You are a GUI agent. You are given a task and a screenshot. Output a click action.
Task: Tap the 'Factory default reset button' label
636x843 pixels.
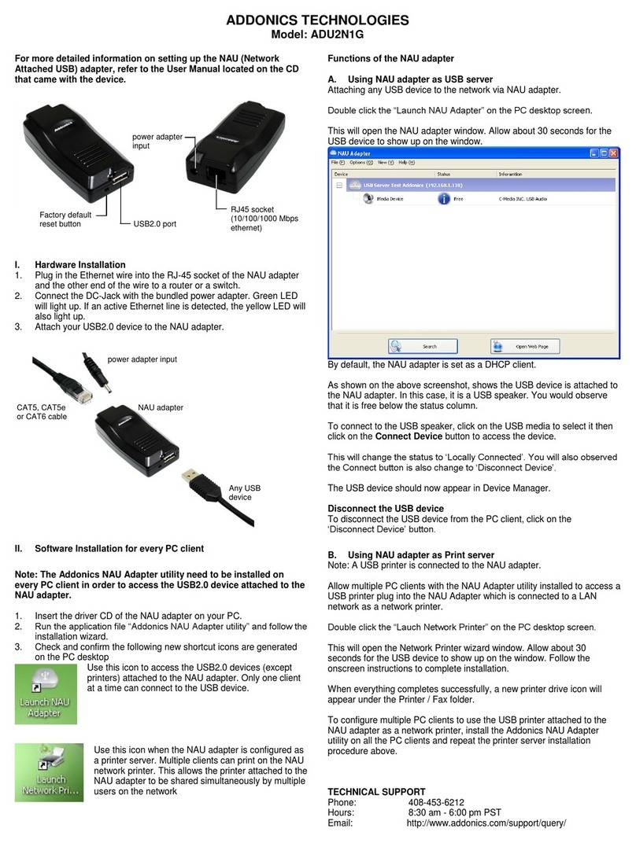pyautogui.click(x=65, y=219)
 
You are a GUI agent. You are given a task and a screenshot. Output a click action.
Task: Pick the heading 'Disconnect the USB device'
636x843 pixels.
pyautogui.click(x=385, y=508)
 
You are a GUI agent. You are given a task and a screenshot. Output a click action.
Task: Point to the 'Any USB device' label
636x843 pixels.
pyautogui.click(x=244, y=493)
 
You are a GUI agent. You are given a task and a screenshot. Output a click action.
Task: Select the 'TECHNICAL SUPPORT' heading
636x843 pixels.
pyautogui.click(x=376, y=791)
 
